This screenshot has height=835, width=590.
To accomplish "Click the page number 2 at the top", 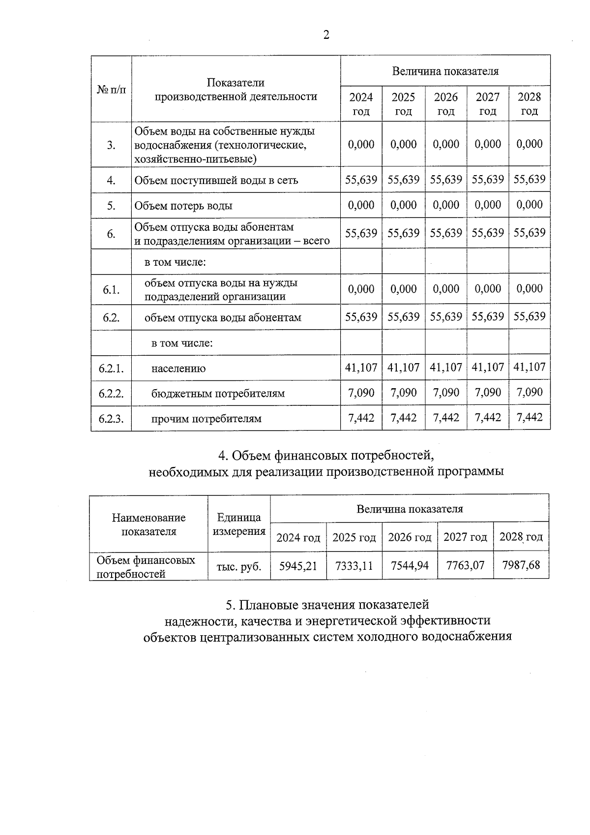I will pyautogui.click(x=326, y=34).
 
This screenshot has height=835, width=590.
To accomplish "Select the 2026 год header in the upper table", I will pyautogui.click(x=446, y=104).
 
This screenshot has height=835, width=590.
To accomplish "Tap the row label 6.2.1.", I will pyautogui.click(x=111, y=368).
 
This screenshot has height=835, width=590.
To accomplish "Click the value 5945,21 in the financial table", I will pyautogui.click(x=298, y=566).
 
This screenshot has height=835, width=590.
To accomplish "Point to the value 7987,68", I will pyautogui.click(x=521, y=565).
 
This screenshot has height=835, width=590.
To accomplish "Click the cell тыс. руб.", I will pyautogui.click(x=238, y=566).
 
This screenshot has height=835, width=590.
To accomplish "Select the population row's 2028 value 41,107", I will pyautogui.click(x=530, y=367).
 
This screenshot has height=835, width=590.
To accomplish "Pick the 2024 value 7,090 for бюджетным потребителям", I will pyautogui.click(x=361, y=393).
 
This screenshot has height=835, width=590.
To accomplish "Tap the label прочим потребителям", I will pyautogui.click(x=206, y=419).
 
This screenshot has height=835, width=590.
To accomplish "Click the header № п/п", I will pyautogui.click(x=111, y=90).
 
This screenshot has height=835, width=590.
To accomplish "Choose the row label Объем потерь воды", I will pyautogui.click(x=183, y=206).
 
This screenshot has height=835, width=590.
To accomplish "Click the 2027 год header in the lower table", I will pyautogui.click(x=465, y=537).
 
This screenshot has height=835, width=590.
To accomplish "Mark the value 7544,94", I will pyautogui.click(x=409, y=566).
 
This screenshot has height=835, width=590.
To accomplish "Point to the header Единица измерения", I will pyautogui.click(x=238, y=524).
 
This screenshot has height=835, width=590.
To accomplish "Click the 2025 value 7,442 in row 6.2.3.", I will pyautogui.click(x=403, y=418).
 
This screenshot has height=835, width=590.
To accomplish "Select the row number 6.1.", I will pyautogui.click(x=111, y=290).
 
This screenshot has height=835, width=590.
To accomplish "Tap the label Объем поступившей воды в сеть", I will pyautogui.click(x=216, y=180).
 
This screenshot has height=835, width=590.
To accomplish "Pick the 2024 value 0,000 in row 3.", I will pyautogui.click(x=361, y=144).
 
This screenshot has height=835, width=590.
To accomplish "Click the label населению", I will pyautogui.click(x=178, y=368).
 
